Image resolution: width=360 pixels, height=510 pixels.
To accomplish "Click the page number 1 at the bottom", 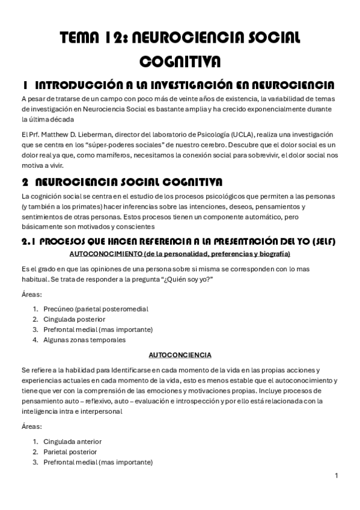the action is pos(337,476).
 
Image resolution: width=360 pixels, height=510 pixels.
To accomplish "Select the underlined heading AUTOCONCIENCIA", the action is pos(180,355).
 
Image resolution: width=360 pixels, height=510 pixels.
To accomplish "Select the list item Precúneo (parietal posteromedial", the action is pos(96,309).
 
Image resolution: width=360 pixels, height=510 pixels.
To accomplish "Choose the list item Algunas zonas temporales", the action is pos(84,339).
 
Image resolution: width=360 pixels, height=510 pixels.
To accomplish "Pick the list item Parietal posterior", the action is pos(70,452).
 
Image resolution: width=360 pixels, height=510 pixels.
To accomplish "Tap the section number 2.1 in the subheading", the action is pos(30,242).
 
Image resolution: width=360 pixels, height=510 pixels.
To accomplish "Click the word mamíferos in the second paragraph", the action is pos(104,155).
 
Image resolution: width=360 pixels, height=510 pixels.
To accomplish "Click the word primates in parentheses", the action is pos(76,206).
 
